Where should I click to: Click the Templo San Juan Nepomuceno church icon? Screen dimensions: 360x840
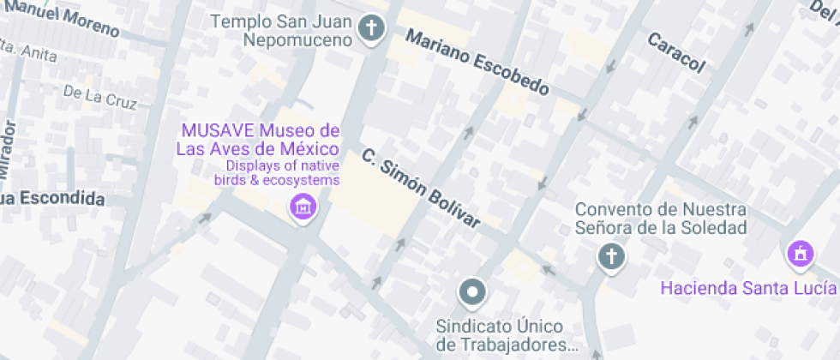click(x=371, y=29)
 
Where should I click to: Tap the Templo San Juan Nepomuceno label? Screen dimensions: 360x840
click(x=285, y=30)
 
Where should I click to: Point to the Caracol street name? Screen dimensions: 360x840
click(x=676, y=52)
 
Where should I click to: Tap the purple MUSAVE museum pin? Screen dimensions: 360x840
click(x=302, y=207)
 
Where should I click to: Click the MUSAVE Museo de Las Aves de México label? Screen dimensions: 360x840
click(x=258, y=141)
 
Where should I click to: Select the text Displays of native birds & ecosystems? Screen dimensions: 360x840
click(x=283, y=173)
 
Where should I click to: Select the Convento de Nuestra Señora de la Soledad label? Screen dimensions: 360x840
click(x=661, y=219)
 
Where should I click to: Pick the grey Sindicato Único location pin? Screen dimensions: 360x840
click(x=471, y=293)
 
